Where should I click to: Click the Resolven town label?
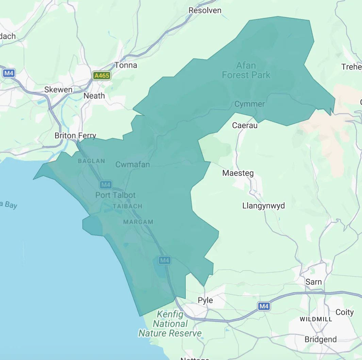tap(205, 11)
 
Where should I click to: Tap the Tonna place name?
tap(126, 65)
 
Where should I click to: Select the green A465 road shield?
tap(102, 76)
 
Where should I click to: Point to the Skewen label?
tap(58, 90)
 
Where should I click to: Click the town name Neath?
tap(94, 96)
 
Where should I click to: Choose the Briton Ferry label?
tap(76, 136)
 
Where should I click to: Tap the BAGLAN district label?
tap(92, 161)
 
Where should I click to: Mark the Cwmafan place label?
tap(133, 165)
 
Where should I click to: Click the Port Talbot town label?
tap(115, 195)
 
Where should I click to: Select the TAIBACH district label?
tap(127, 206)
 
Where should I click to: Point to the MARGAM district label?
tap(138, 222)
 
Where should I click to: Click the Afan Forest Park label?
tap(246, 70)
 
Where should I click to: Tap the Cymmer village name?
tap(249, 104)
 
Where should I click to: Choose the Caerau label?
tap(245, 126)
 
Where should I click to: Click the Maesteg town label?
tap(238, 173)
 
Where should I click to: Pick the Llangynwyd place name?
tap(263, 206)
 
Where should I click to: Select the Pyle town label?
tap(205, 300)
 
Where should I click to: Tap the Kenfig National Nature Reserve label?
tap(170, 324)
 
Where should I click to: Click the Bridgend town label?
tap(320, 339)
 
